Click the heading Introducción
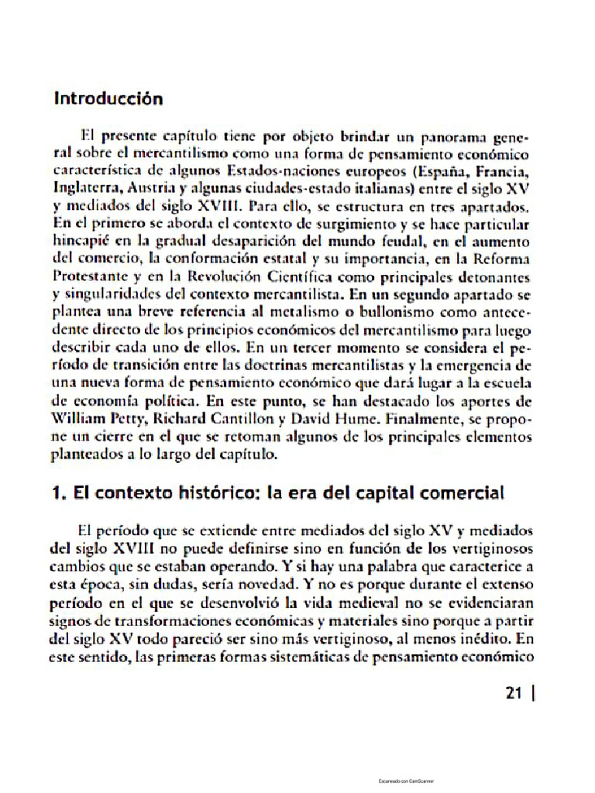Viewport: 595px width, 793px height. [x=108, y=99]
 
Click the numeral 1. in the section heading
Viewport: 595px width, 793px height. [x=60, y=493]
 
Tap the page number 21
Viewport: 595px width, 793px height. [x=513, y=693]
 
